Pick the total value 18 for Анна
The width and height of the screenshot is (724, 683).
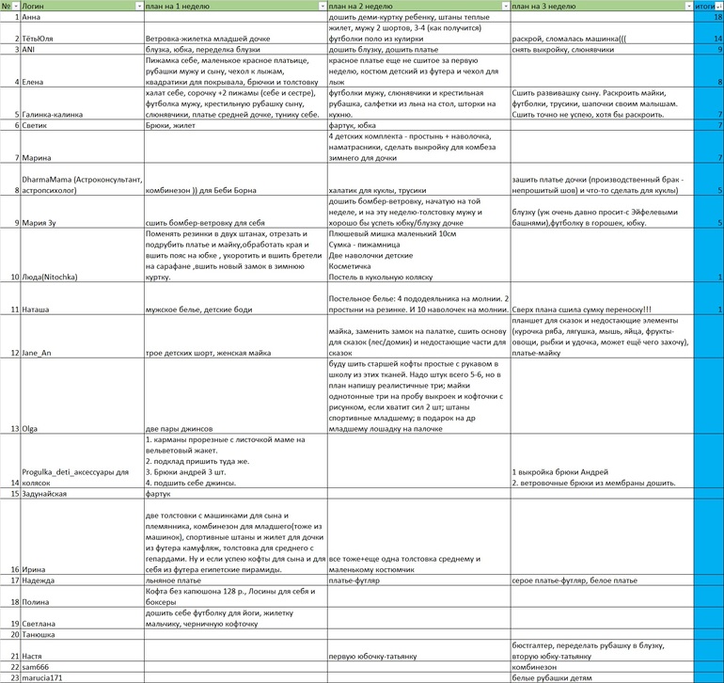(x=717, y=17)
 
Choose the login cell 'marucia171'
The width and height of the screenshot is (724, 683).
(x=46, y=676)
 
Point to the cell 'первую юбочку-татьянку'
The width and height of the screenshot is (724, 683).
(x=374, y=655)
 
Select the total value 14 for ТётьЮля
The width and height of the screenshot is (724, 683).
(x=717, y=39)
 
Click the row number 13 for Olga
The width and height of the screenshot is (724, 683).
(x=14, y=428)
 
